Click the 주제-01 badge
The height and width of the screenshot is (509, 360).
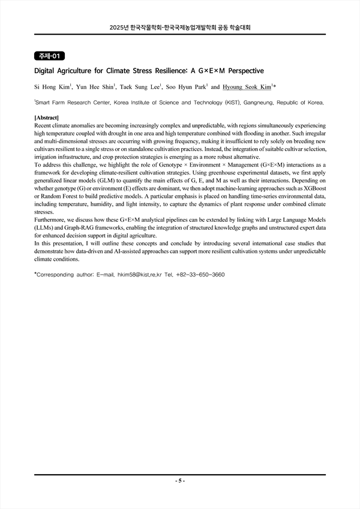[49, 56]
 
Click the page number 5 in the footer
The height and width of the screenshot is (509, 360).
[180, 481]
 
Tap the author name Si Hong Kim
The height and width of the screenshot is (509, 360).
[51, 87]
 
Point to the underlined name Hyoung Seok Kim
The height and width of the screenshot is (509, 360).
[247, 87]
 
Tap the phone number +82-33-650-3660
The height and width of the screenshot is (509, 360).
[201, 275]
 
